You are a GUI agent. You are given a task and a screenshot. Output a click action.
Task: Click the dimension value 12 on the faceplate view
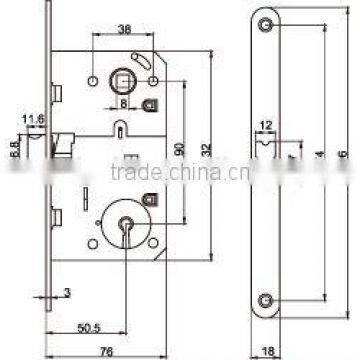click(266, 125)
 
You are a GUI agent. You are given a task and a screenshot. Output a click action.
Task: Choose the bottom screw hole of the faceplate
click(265, 299)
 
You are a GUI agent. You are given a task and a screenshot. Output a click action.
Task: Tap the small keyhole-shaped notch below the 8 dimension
click(120, 129)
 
